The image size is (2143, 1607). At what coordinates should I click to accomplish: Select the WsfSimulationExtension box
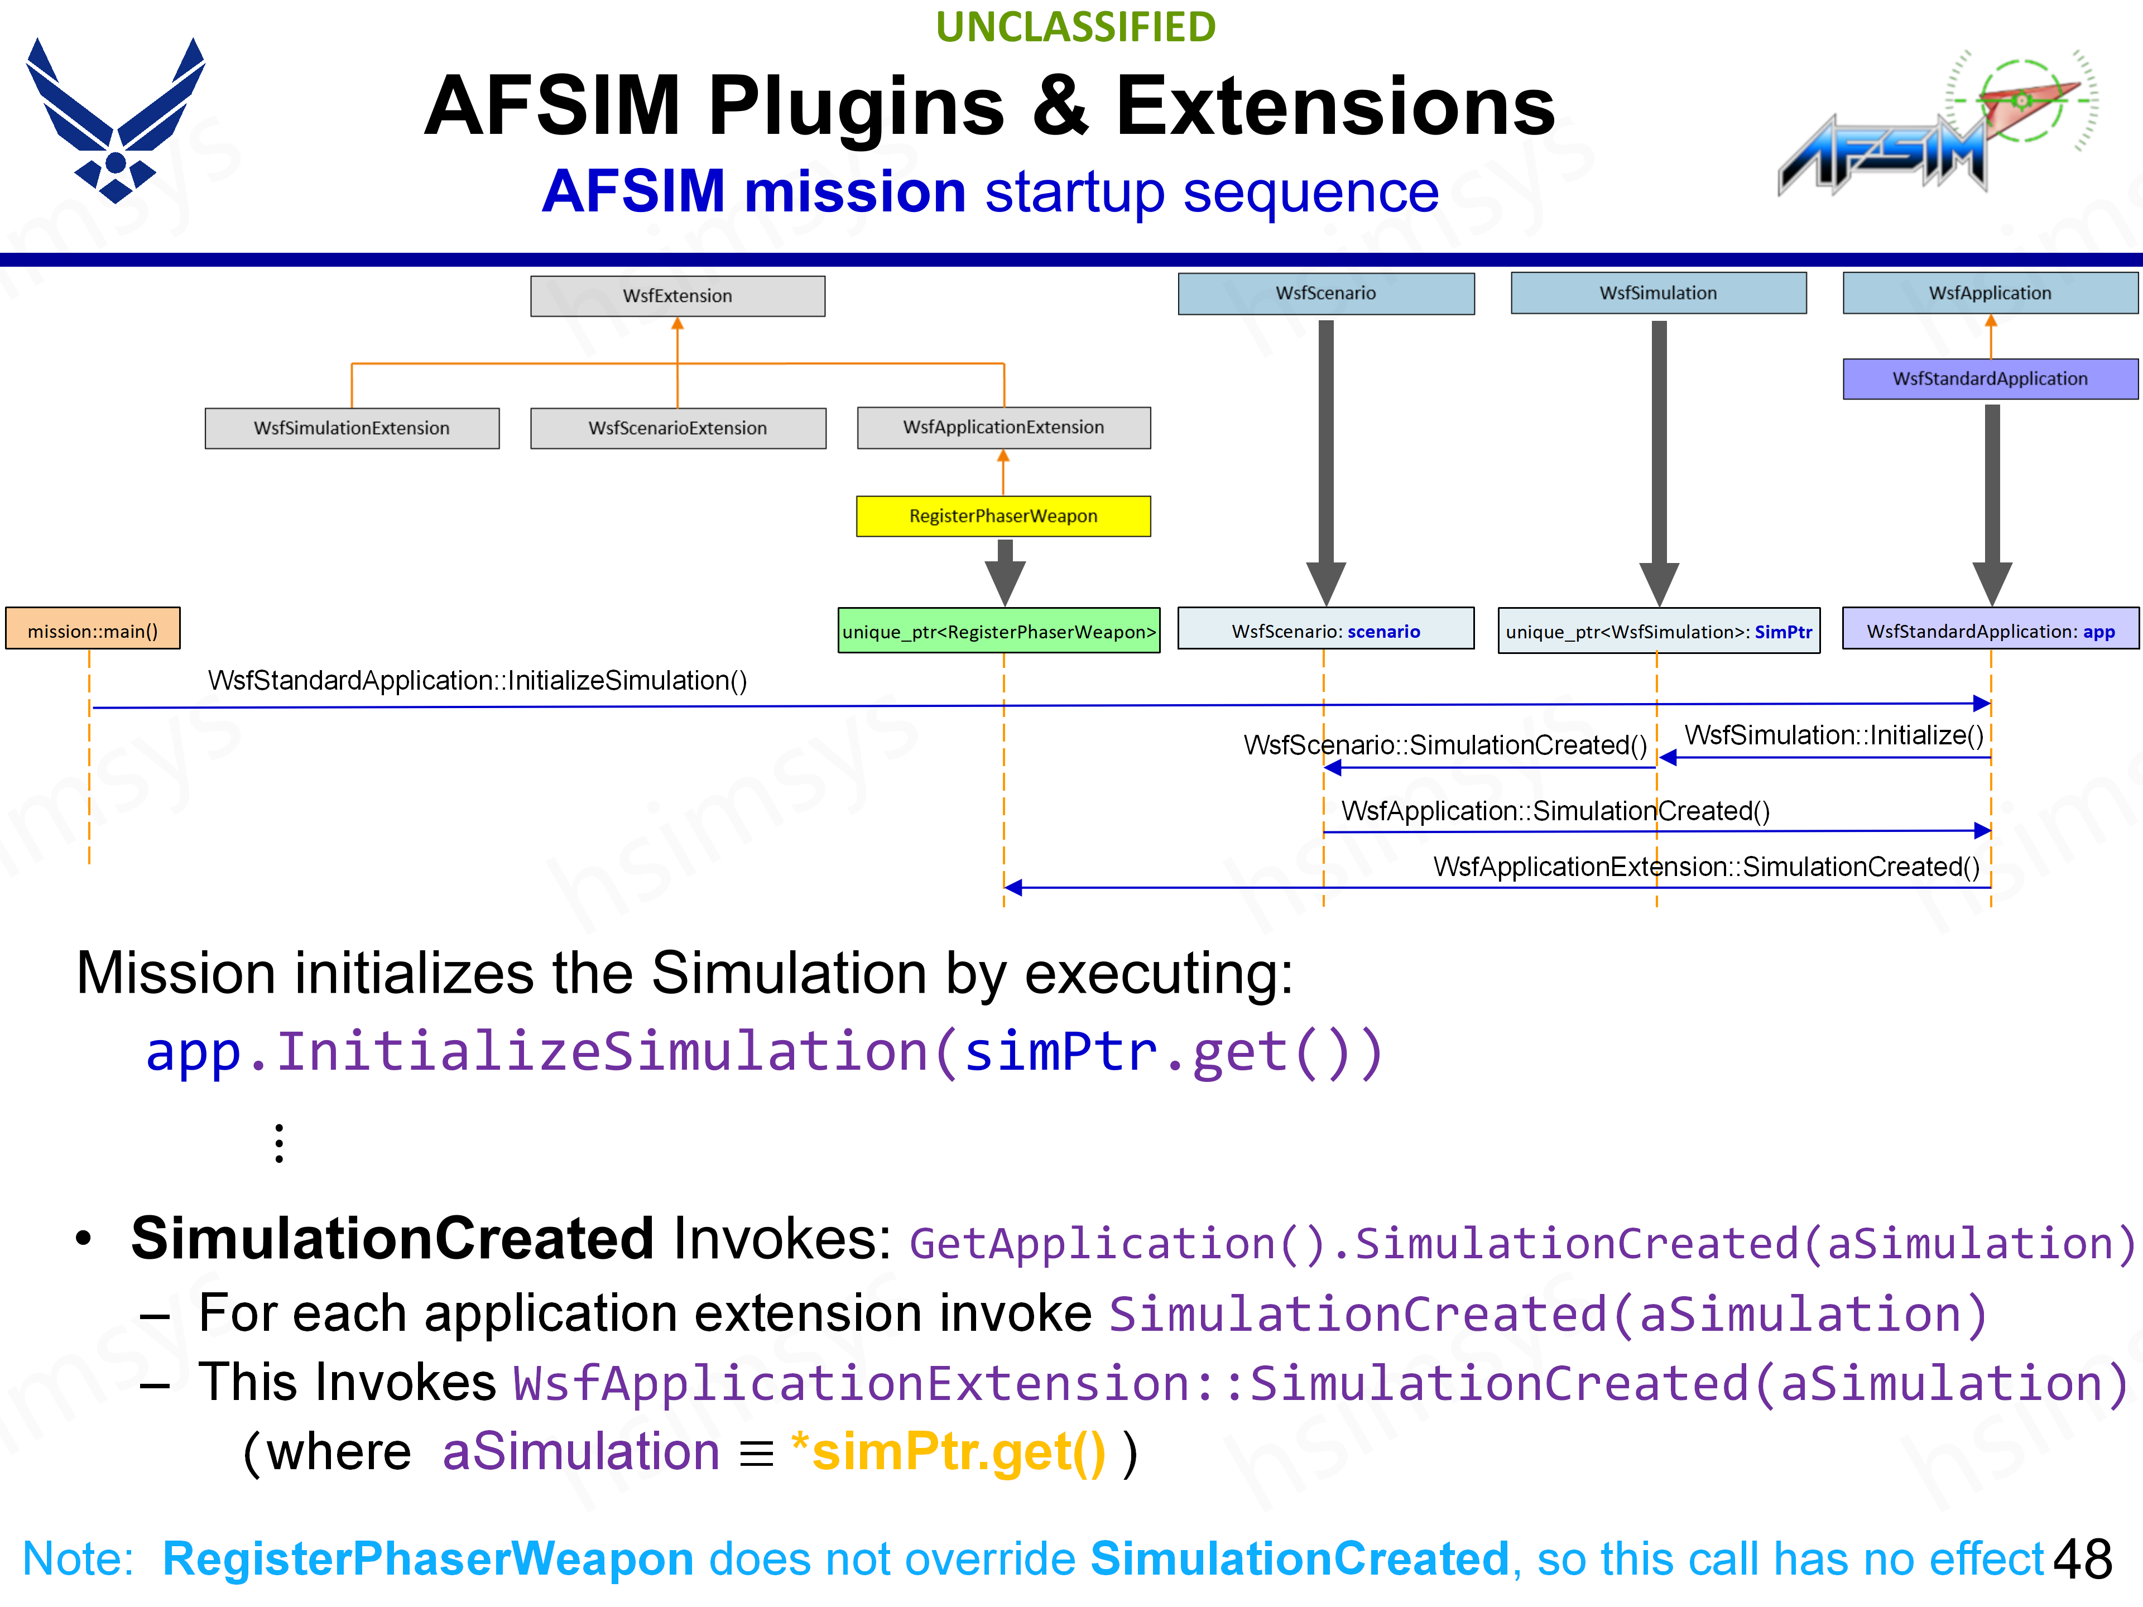click(x=352, y=428)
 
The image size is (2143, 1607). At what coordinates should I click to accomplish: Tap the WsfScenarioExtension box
click(x=677, y=428)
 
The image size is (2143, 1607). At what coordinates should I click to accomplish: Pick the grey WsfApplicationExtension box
click(x=1003, y=427)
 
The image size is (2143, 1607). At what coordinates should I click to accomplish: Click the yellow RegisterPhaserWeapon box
click(x=1003, y=516)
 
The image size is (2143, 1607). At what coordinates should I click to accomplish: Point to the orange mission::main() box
click(x=93, y=631)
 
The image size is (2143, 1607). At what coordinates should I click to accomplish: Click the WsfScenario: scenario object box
click(x=1325, y=631)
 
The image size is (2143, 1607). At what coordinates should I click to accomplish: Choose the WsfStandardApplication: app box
click(x=1990, y=631)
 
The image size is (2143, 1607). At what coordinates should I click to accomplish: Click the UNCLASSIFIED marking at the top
click(x=1075, y=27)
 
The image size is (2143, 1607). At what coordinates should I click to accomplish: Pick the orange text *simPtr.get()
click(x=949, y=1453)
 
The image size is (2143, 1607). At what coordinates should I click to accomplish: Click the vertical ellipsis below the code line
click(x=279, y=1143)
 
